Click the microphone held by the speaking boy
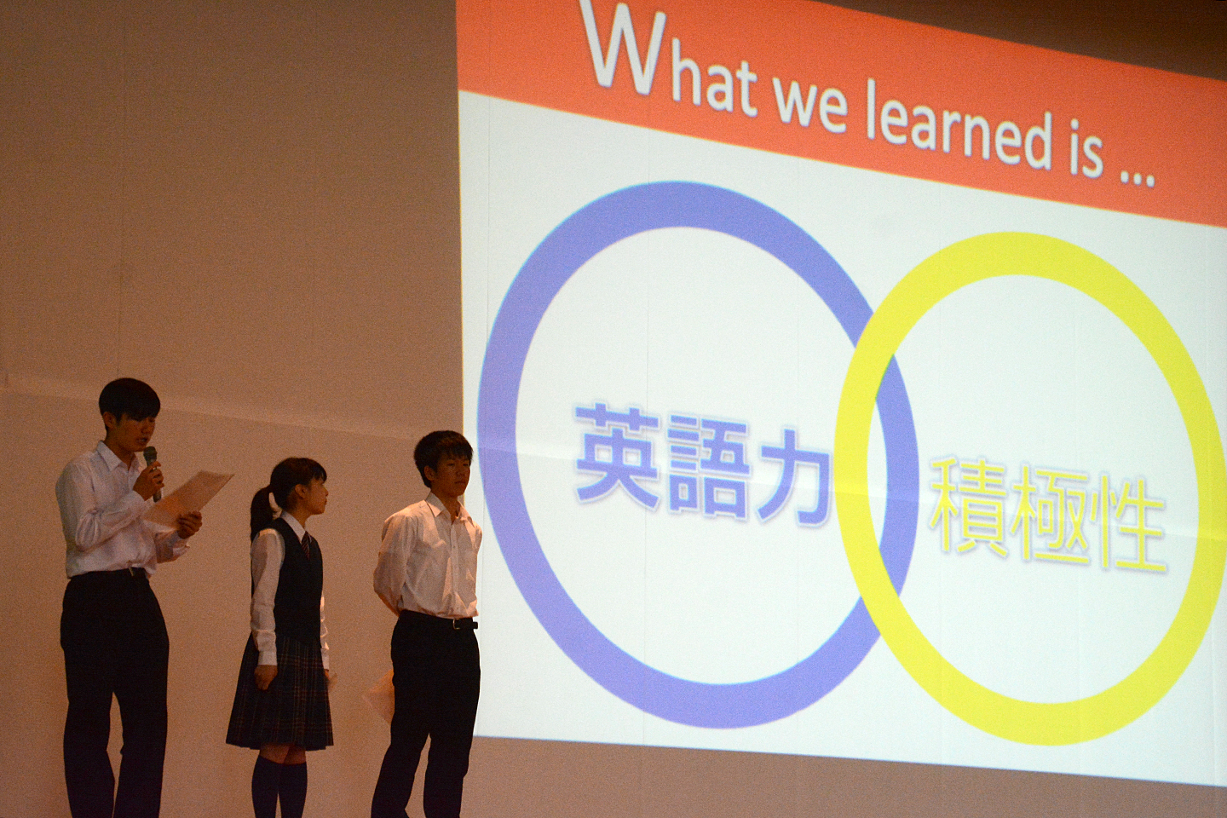(151, 472)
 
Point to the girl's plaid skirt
(281, 693)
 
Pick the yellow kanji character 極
(1046, 521)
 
